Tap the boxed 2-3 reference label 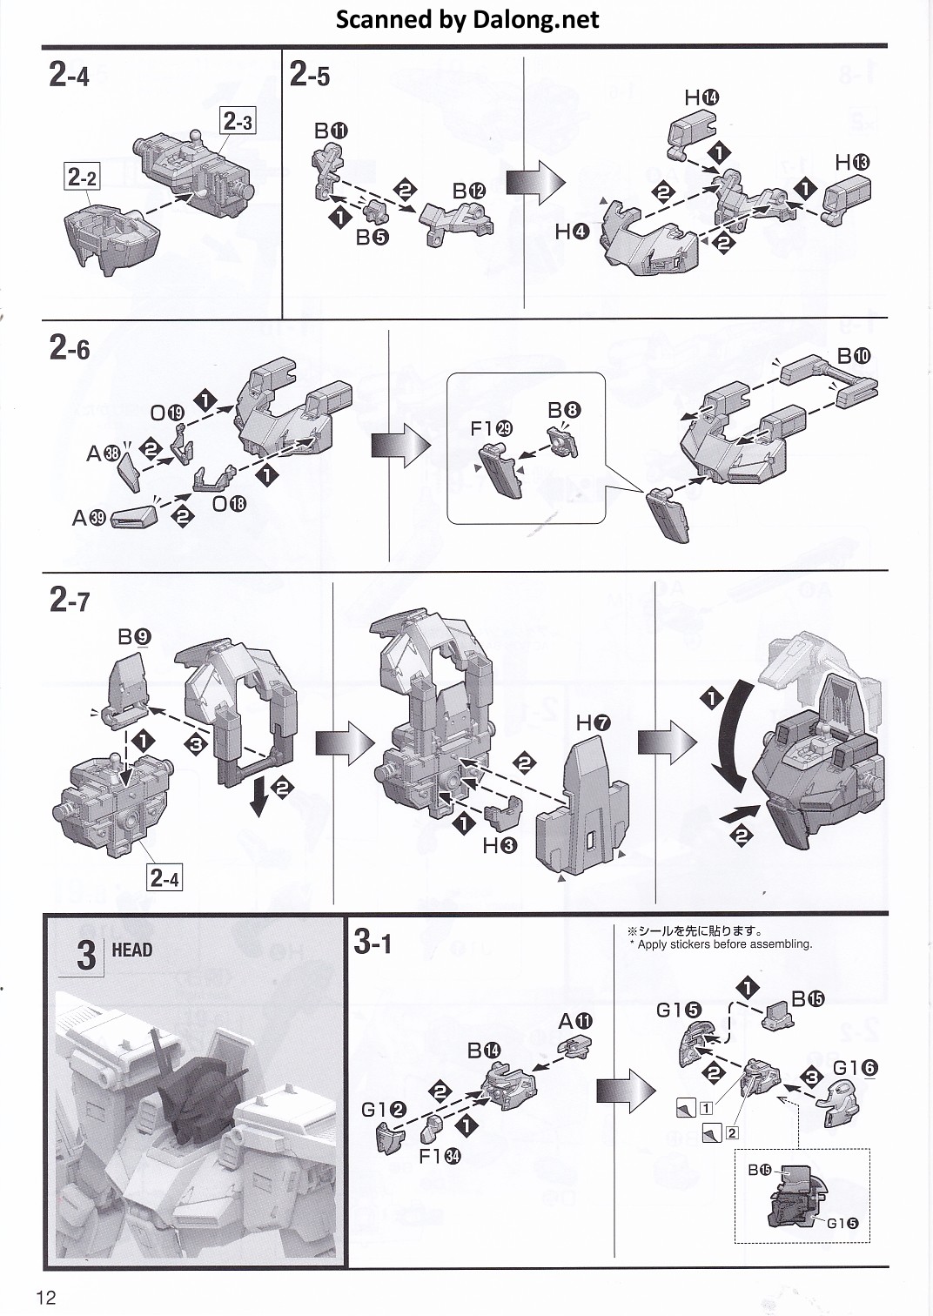[x=237, y=121]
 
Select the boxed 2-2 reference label [x=81, y=178]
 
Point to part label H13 [x=852, y=163]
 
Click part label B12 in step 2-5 [x=468, y=191]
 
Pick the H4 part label [x=573, y=232]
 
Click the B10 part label [x=853, y=356]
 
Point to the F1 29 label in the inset [x=492, y=428]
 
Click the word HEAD [x=132, y=950]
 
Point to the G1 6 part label [x=855, y=1068]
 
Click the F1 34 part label [x=440, y=1156]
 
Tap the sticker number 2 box [x=732, y=1132]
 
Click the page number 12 [x=46, y=1298]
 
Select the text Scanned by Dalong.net [x=467, y=19]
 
